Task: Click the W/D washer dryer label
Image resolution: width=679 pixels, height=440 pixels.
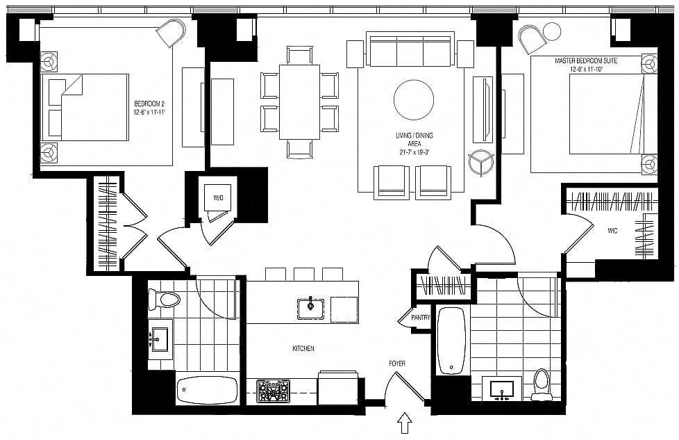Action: point(218,198)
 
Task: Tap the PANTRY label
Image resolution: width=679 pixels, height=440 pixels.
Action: point(421,318)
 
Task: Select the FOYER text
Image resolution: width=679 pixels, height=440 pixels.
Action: point(397,364)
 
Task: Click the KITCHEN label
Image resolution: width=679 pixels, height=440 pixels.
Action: point(303,348)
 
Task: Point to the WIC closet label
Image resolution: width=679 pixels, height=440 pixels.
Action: point(612,231)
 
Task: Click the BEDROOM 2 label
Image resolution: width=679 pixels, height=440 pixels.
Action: point(149,104)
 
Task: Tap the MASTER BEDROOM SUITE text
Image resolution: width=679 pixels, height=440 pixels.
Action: point(586,60)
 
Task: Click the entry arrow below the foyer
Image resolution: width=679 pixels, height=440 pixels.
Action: point(405,423)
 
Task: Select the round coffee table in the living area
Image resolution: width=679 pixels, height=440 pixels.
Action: point(414,99)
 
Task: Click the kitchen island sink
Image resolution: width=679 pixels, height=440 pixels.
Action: point(310,309)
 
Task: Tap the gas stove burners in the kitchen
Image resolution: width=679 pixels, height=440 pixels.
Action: point(273,391)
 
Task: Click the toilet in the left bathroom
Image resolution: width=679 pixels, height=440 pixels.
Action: point(164,299)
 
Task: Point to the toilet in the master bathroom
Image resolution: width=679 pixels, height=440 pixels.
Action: point(542,384)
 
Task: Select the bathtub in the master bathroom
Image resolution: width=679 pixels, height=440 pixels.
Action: point(451,341)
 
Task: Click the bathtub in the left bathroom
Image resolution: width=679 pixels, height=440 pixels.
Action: point(208,390)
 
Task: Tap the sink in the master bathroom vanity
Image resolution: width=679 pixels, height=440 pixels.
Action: point(502,390)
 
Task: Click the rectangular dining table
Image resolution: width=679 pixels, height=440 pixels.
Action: point(299,102)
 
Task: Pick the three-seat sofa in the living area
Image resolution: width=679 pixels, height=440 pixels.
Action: point(410,49)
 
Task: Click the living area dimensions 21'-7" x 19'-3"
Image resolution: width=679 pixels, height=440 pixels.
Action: point(414,152)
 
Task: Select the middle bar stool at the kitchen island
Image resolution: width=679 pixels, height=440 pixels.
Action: point(303,275)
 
